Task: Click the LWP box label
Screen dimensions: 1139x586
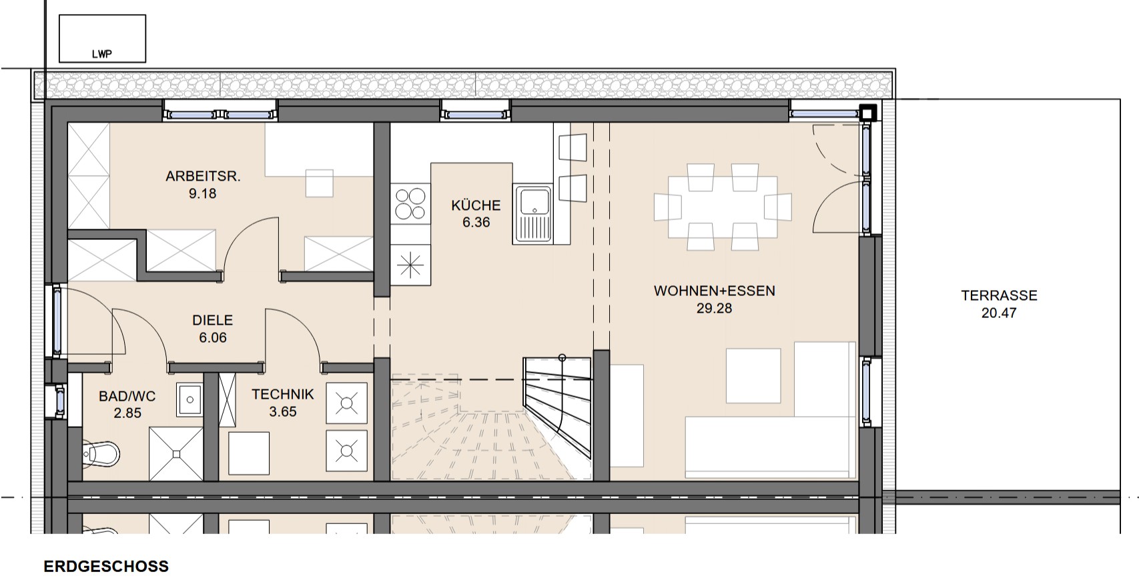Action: pos(101,54)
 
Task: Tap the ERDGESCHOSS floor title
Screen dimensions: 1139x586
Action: pos(106,567)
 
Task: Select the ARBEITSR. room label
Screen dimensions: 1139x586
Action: pos(203,177)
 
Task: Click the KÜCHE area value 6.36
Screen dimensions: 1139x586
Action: pos(476,222)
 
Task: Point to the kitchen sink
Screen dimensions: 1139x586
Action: pos(533,213)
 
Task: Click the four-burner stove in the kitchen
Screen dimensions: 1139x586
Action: pos(410,203)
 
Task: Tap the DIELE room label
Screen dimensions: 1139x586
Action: pos(213,320)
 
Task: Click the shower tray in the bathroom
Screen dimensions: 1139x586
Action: pos(176,453)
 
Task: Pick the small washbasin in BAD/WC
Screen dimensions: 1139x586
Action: pos(189,399)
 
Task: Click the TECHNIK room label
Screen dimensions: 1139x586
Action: pos(283,395)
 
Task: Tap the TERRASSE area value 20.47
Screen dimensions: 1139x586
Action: pos(999,313)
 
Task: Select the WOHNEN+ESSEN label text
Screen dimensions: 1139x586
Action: pos(715,291)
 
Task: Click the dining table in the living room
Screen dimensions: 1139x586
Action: pos(723,207)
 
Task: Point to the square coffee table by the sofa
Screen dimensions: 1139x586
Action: pos(753,375)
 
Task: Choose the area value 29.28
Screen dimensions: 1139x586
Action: pos(715,309)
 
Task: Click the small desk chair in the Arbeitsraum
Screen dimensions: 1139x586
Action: pos(320,183)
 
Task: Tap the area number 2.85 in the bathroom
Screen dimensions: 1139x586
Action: pos(127,413)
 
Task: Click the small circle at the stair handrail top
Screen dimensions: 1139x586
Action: pos(562,358)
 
